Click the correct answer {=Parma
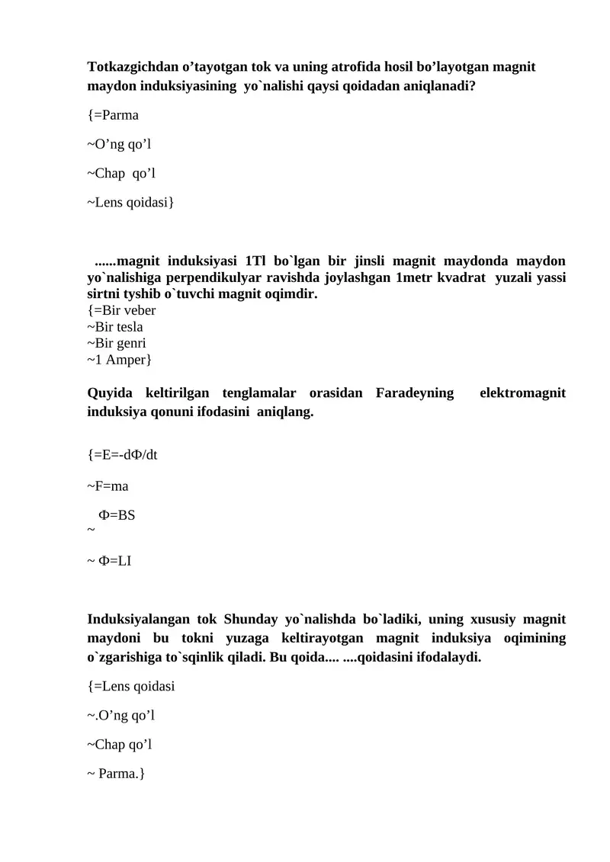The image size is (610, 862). [x=114, y=115]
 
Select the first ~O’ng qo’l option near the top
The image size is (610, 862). [x=114, y=144]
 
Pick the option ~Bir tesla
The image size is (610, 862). [x=115, y=327]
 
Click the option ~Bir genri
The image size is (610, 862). [x=117, y=343]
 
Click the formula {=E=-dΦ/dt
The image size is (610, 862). [x=124, y=455]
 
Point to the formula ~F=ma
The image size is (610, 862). [x=108, y=485]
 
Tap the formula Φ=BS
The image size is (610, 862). [x=117, y=515]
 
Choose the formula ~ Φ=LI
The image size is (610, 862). [x=110, y=562]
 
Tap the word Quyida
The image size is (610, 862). [x=111, y=393]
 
